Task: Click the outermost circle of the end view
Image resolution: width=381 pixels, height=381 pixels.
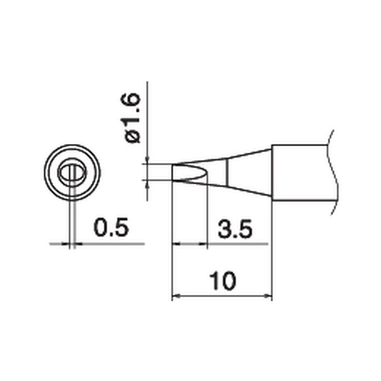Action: coord(72,146)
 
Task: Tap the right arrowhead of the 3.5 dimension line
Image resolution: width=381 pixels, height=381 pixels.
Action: coord(203,243)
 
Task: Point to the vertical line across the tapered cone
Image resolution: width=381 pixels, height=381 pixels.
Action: coord(227,172)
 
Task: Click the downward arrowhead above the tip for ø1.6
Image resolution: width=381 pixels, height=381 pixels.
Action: coord(147,160)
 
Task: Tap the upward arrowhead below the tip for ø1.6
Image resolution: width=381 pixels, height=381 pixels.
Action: coord(147,184)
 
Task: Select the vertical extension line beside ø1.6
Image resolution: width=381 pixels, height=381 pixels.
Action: coord(147,114)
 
